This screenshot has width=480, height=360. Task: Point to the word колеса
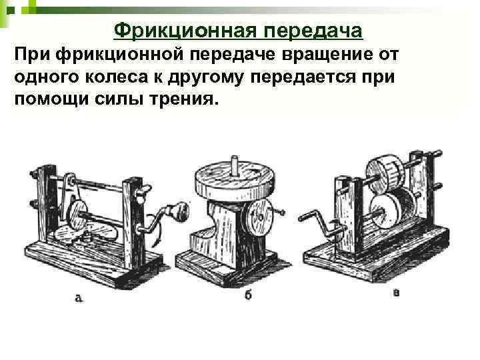[x=116, y=77]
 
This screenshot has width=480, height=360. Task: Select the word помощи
[x=51, y=100]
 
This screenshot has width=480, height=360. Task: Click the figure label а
[x=79, y=298]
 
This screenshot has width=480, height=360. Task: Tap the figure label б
[x=248, y=295]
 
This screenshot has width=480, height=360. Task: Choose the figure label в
[x=396, y=293]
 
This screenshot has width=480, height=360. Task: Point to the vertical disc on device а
[x=77, y=215]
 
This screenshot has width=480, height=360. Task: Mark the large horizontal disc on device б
[x=234, y=181]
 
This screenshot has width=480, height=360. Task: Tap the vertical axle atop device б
[x=235, y=165]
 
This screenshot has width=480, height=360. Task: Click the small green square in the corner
[x=11, y=11]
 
